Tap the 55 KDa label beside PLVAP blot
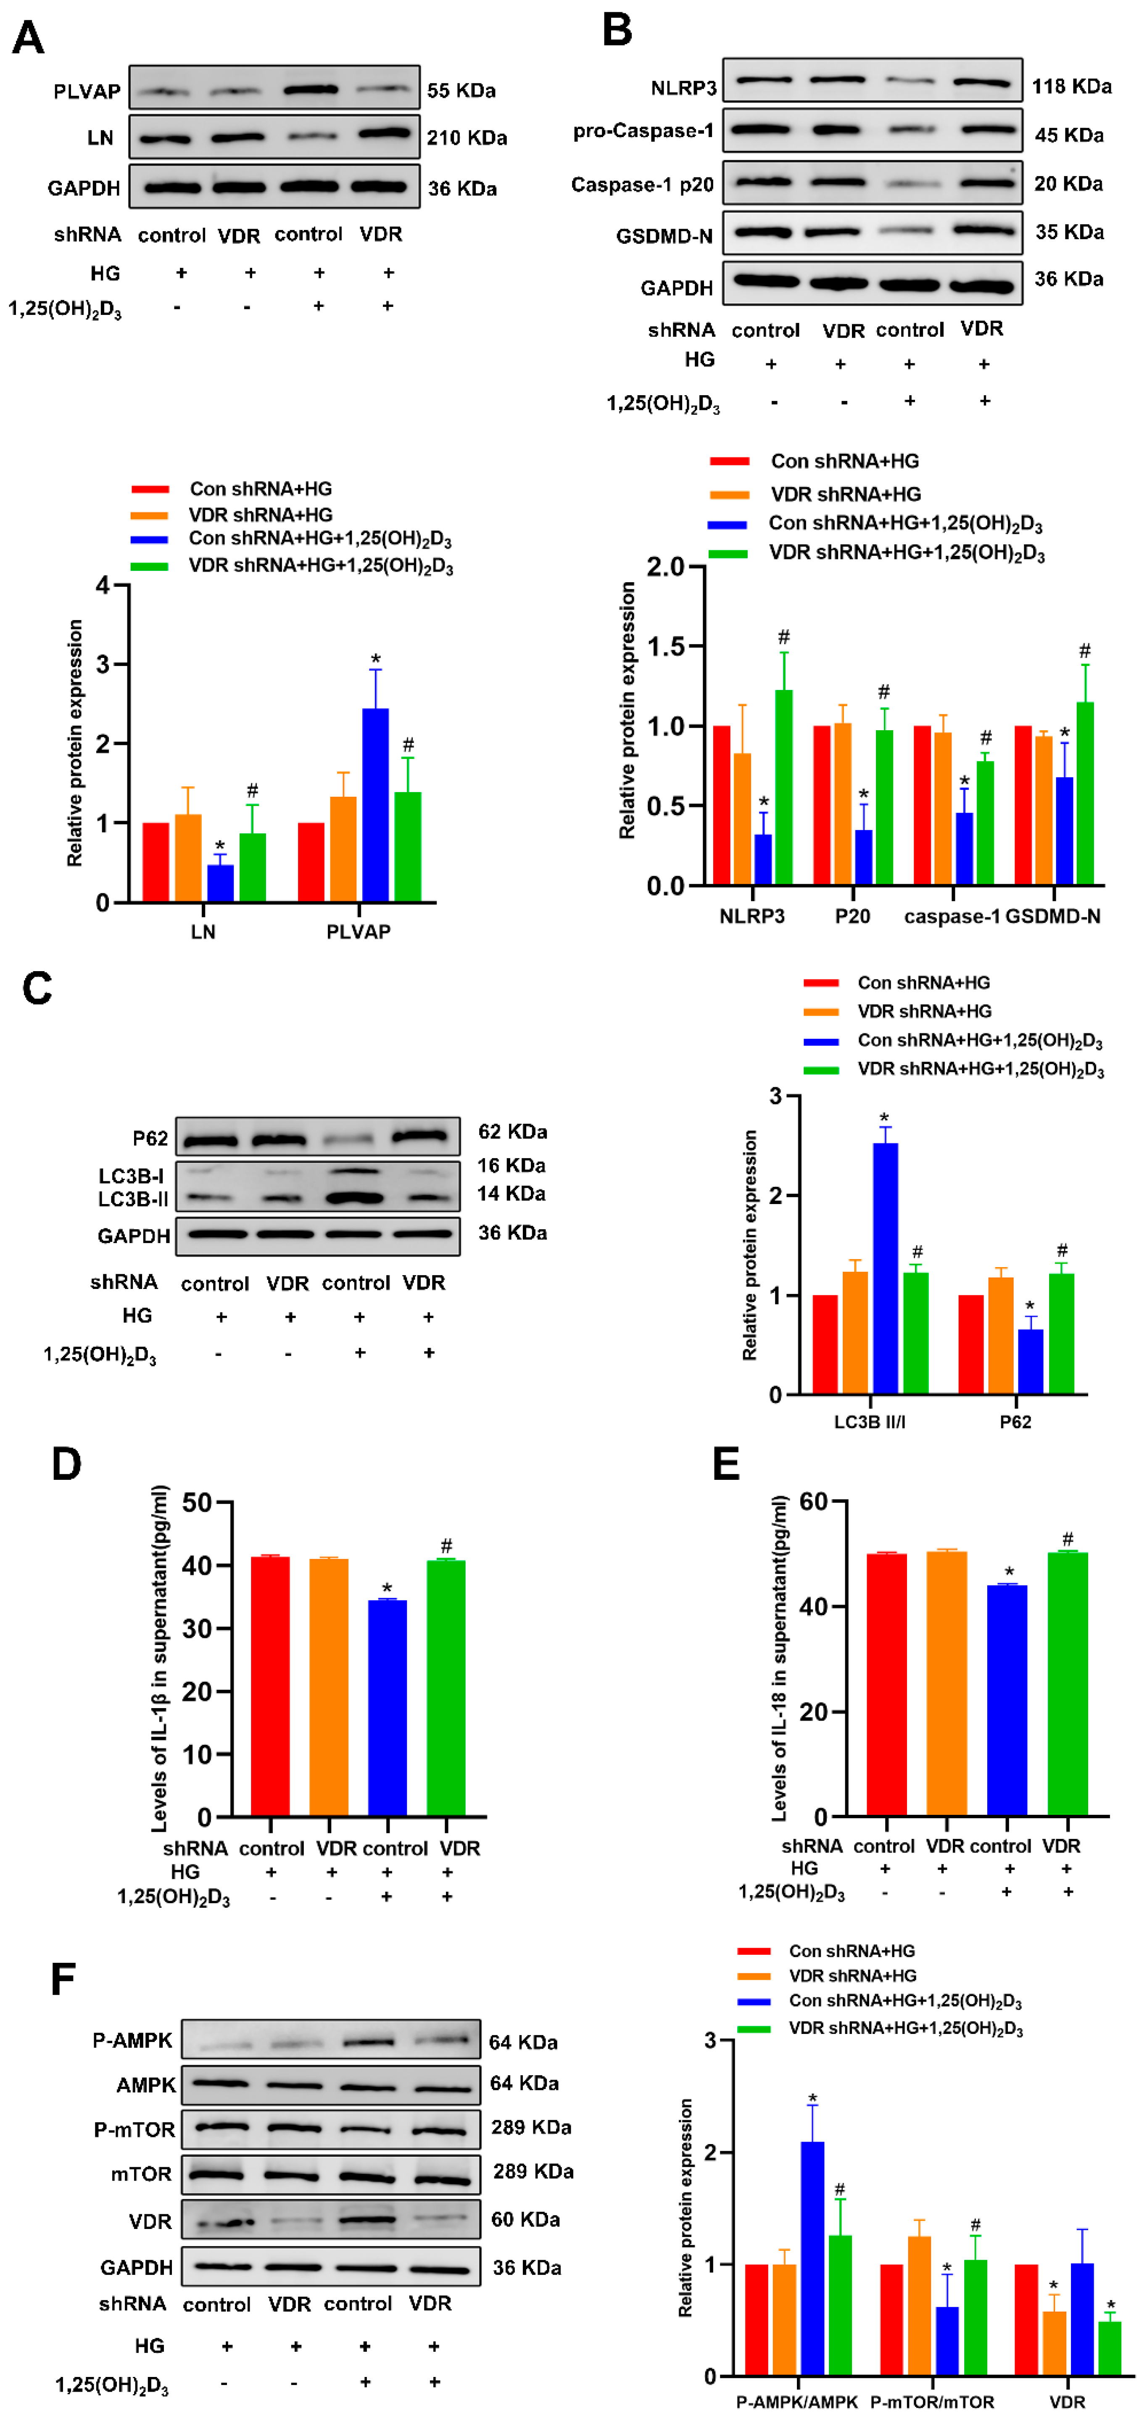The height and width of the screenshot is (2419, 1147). [461, 91]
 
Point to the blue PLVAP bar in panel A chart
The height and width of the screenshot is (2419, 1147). [375, 805]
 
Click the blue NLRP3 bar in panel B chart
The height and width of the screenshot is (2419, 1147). [763, 859]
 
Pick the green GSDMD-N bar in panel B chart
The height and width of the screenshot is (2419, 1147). [1084, 793]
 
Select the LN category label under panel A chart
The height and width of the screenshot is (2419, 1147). [203, 932]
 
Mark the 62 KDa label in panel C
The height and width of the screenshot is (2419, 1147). [512, 1132]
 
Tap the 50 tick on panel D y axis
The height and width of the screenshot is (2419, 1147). [197, 1503]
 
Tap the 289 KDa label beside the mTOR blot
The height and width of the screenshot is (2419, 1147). [533, 2171]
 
